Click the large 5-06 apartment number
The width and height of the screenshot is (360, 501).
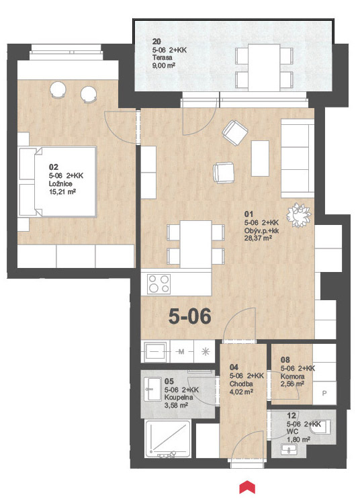click(190, 316)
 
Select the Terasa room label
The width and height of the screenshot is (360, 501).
click(163, 58)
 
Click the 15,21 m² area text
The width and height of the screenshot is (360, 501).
click(62, 191)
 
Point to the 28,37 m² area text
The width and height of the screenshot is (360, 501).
click(258, 238)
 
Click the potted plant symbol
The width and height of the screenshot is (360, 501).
click(298, 215)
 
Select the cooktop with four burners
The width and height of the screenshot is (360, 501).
click(159, 284)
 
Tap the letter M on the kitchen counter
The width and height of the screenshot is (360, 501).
click(181, 352)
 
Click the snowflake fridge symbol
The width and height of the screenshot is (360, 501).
click(206, 352)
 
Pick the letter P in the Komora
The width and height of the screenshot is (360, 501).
click(324, 394)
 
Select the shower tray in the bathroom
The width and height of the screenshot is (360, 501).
click(168, 439)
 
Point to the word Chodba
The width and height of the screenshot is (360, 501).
click(241, 383)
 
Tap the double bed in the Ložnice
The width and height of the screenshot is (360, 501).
click(58, 181)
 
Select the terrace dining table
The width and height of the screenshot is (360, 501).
click(264, 66)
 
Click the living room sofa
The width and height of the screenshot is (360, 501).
click(298, 158)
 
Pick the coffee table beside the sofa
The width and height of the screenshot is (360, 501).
click(260, 158)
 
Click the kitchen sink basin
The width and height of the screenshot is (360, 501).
click(156, 352)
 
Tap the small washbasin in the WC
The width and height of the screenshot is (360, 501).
click(289, 449)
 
